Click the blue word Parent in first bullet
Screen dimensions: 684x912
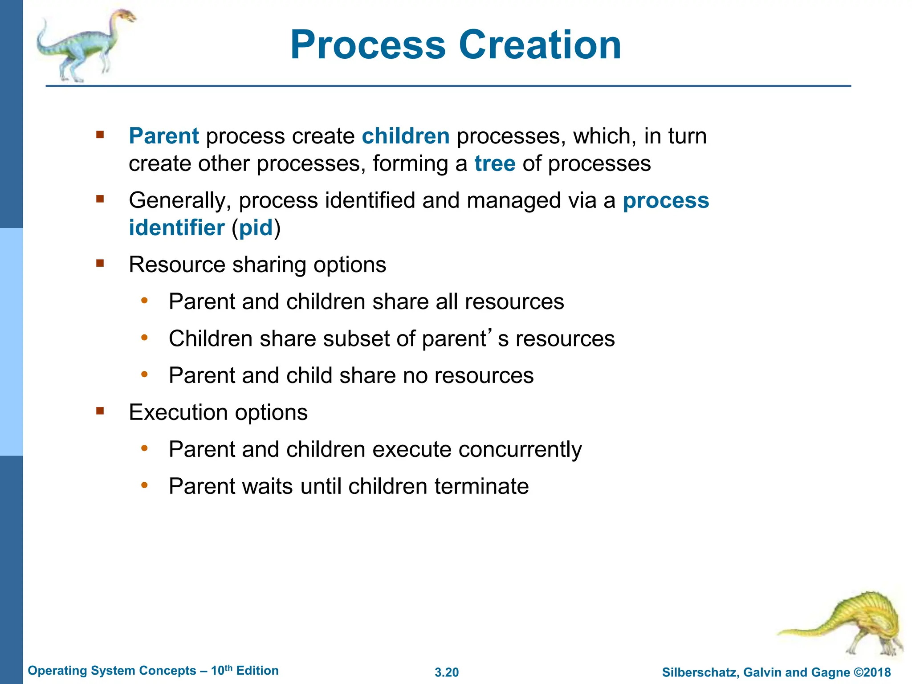click(163, 136)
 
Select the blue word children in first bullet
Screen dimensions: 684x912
click(405, 136)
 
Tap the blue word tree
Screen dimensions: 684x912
click(495, 163)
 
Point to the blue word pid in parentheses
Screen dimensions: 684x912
click(256, 228)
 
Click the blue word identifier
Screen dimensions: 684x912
click(176, 228)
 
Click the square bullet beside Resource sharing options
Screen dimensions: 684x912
click(100, 263)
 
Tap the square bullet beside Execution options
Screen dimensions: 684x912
click(100, 411)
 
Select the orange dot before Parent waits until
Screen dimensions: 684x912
click(144, 485)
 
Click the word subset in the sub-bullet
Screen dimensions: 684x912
click(356, 338)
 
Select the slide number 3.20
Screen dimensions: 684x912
click(447, 672)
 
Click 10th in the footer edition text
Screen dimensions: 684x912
click(221, 671)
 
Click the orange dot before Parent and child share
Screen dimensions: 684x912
click(144, 375)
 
